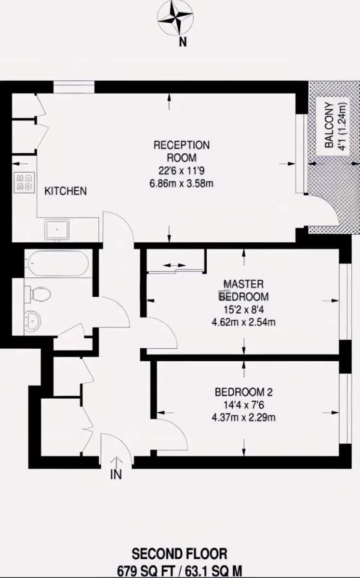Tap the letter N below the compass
(183, 41)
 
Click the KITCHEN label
(66, 191)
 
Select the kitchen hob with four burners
(25, 183)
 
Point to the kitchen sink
(57, 229)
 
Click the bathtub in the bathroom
(58, 263)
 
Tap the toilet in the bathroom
(38, 294)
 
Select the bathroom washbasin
(32, 320)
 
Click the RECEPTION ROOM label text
(182, 151)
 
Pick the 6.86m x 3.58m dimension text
(182, 184)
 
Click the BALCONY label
(329, 125)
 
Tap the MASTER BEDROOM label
(243, 290)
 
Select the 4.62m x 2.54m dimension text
(243, 322)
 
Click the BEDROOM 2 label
(243, 392)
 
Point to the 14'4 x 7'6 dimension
(243, 405)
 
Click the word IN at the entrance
(116, 474)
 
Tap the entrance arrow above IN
(117, 463)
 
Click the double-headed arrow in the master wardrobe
(174, 265)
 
